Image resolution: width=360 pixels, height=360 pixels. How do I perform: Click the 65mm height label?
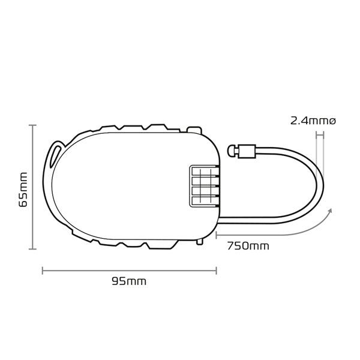click(23, 188)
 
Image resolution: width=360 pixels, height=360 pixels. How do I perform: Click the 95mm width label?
click(129, 281)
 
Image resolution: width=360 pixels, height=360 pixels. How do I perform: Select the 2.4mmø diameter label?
click(313, 120)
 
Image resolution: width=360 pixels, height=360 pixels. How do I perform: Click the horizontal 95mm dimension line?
click(129, 270)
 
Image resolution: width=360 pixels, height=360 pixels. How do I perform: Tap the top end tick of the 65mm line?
click(34, 125)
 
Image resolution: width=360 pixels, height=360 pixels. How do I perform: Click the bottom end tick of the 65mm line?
click(34, 248)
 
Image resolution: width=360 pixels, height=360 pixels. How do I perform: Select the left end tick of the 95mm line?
click(43, 270)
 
